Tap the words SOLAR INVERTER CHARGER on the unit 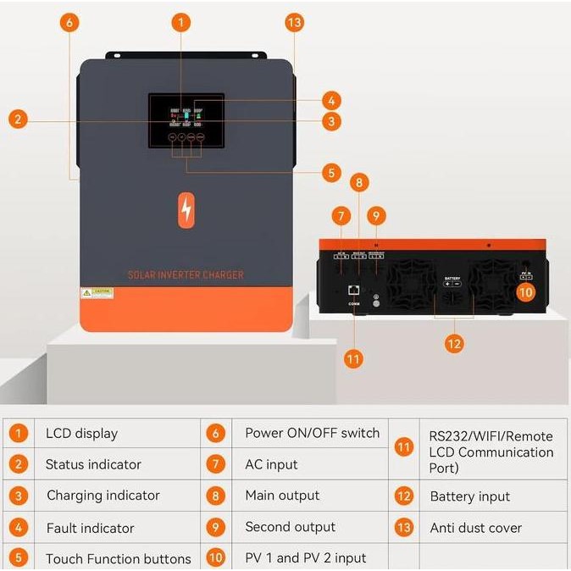[186, 274]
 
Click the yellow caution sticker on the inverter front [98, 292]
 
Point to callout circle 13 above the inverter [294, 23]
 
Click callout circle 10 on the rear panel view [526, 292]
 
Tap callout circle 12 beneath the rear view [454, 343]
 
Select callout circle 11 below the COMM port [353, 358]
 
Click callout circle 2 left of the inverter [19, 119]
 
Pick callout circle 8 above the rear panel [359, 182]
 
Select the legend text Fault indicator [90, 528]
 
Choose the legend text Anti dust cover [475, 528]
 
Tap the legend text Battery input [469, 496]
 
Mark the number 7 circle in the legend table [216, 464]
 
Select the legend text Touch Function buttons [118, 558]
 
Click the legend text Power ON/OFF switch [312, 433]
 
